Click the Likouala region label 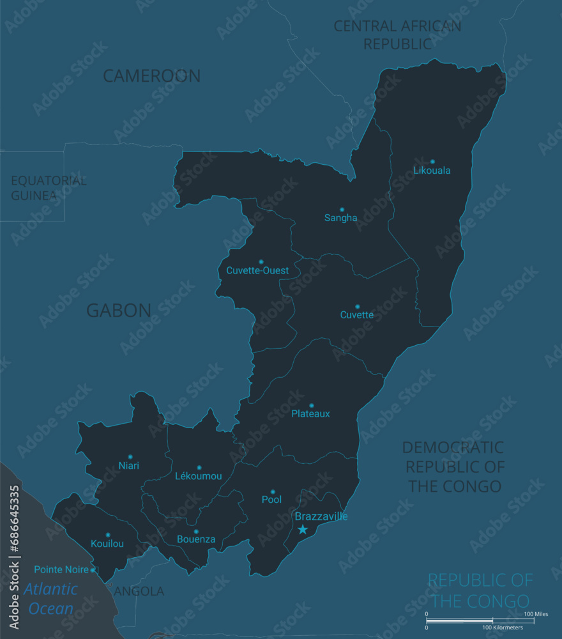[x=432, y=171]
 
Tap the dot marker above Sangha [x=342, y=209]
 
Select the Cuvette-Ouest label [x=257, y=270]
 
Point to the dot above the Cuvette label [x=357, y=306]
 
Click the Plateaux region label [x=310, y=413]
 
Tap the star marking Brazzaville [x=303, y=529]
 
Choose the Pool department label [x=271, y=499]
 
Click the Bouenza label [x=196, y=540]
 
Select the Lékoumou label [x=199, y=476]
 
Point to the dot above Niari [x=130, y=457]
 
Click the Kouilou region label [x=107, y=544]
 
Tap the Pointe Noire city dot [x=93, y=569]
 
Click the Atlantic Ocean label [x=51, y=599]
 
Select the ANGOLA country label [x=139, y=592]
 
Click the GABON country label [x=119, y=311]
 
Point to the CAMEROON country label [x=152, y=75]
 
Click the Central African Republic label [x=397, y=35]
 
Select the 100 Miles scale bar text [x=536, y=614]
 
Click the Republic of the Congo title [x=480, y=590]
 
